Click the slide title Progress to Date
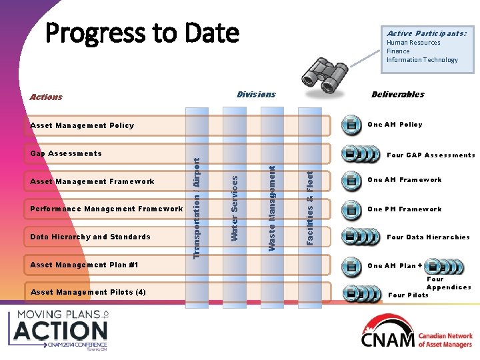coord(142,32)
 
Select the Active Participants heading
coord(426,33)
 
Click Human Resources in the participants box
coord(413,43)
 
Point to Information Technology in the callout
coord(422,60)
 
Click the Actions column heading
coord(46,97)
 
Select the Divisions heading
coord(256,95)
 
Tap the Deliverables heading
coord(397,95)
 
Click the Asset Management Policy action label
coord(82,125)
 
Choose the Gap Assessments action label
coord(66,153)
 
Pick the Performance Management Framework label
coord(107,209)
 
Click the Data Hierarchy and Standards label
coord(91,237)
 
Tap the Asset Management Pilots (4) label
coord(88,292)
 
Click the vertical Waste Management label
coord(272,208)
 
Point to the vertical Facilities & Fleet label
coord(309,208)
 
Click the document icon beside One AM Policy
coord(350,125)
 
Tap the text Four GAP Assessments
coord(431,155)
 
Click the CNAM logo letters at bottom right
coord(388,339)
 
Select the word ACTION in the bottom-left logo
coord(61,330)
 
